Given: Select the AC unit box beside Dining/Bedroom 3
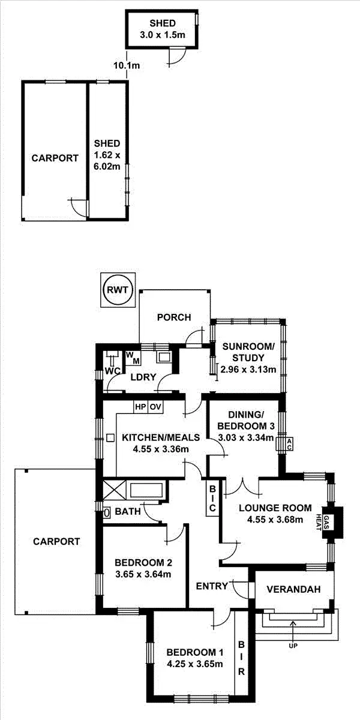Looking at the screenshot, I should [x=289, y=444].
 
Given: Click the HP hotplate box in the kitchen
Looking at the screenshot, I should [x=140, y=407].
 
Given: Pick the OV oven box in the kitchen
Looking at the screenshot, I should [x=156, y=407].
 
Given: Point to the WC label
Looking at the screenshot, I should [x=111, y=370].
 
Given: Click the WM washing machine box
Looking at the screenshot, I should [x=133, y=358].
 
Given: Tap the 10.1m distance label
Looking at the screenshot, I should [x=127, y=65].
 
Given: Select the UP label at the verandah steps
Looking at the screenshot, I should [x=293, y=646].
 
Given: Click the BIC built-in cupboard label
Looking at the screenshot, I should [x=212, y=498].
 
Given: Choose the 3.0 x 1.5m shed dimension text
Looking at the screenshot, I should [x=163, y=34].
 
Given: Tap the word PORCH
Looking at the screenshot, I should [x=173, y=317].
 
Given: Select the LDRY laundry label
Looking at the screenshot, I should [x=144, y=377].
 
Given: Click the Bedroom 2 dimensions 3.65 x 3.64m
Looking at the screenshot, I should [x=143, y=574].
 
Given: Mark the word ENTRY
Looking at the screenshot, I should [x=212, y=586].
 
